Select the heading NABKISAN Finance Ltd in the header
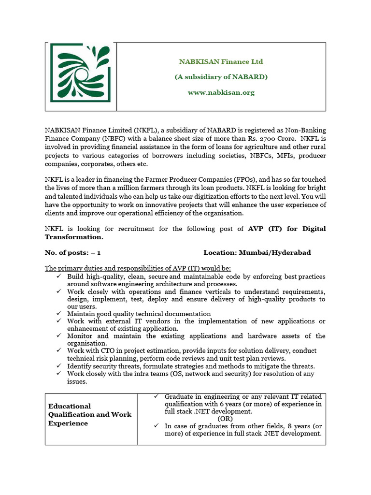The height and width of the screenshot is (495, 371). [221, 62]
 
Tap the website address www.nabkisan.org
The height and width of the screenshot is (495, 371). [221, 92]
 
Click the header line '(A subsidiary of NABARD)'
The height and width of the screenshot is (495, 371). [221, 77]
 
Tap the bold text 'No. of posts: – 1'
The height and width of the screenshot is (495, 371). [73, 252]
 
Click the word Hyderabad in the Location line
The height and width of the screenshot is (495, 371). [292, 252]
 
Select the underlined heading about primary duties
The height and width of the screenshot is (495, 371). [138, 268]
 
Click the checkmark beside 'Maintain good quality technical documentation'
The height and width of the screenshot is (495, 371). [58, 314]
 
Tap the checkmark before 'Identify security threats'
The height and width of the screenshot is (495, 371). [58, 366]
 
